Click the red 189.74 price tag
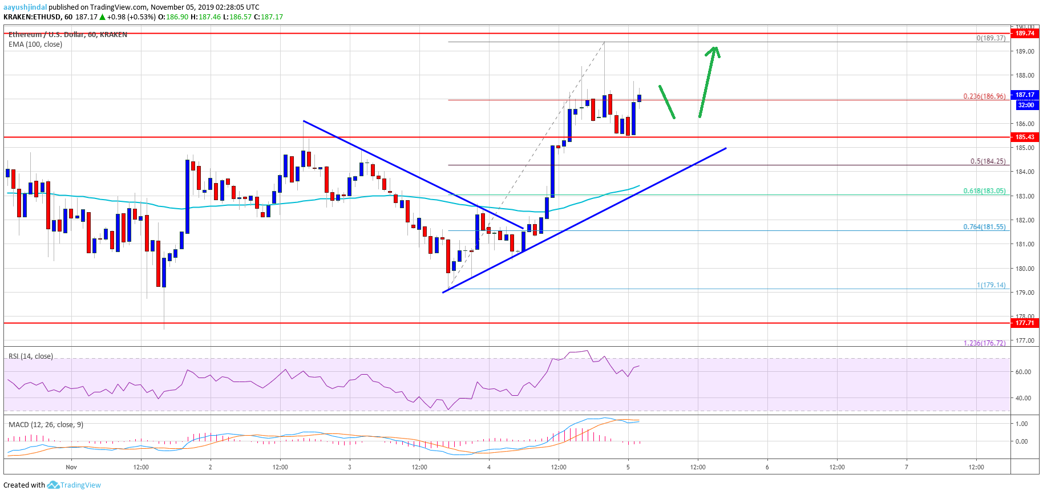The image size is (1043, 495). pyautogui.click(x=1025, y=33)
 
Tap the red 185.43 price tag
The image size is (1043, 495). pyautogui.click(x=1025, y=137)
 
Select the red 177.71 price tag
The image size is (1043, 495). pyautogui.click(x=1025, y=323)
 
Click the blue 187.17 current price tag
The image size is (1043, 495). pyautogui.click(x=1025, y=95)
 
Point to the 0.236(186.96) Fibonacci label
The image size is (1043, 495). pyautogui.click(x=984, y=96)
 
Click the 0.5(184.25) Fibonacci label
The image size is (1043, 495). pyautogui.click(x=988, y=161)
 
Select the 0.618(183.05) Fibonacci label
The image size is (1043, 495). pyautogui.click(x=984, y=191)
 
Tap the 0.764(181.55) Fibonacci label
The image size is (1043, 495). pyautogui.click(x=984, y=227)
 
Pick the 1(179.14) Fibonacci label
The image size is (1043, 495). pyautogui.click(x=991, y=285)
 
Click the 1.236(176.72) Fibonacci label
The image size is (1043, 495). pyautogui.click(x=984, y=343)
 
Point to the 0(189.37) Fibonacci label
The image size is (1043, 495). pyautogui.click(x=991, y=38)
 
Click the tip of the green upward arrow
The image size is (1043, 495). pyautogui.click(x=714, y=47)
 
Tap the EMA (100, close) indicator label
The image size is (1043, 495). pyautogui.click(x=35, y=44)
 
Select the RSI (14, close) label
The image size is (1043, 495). pyautogui.click(x=31, y=356)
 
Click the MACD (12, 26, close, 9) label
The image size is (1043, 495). pyautogui.click(x=46, y=425)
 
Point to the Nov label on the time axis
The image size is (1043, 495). pyautogui.click(x=71, y=467)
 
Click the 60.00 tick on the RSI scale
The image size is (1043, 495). pyautogui.click(x=1023, y=372)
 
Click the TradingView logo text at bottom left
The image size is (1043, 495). pyautogui.click(x=80, y=485)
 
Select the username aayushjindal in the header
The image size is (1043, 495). pyautogui.click(x=25, y=7)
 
